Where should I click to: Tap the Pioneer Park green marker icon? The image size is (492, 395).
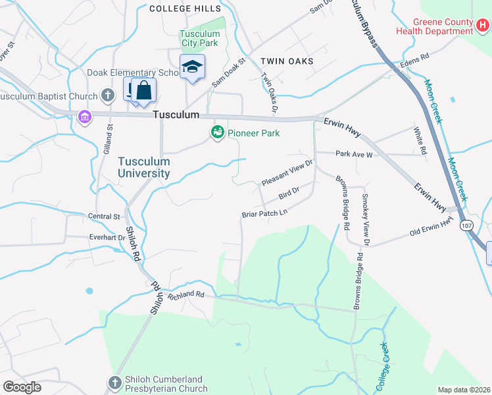click(x=217, y=133)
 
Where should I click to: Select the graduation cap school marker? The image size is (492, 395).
click(x=193, y=67)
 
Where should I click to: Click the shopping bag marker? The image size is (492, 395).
click(x=143, y=90)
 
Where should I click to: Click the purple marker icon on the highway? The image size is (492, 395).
click(x=84, y=117)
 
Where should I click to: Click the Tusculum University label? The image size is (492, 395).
click(x=144, y=167)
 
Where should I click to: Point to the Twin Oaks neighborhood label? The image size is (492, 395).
click(x=286, y=61)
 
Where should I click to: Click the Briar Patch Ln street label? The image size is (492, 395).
click(x=265, y=213)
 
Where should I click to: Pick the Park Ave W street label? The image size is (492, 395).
click(x=354, y=154)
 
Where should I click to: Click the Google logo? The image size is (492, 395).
click(x=22, y=386)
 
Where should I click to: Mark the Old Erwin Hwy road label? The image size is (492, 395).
click(x=431, y=228)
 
